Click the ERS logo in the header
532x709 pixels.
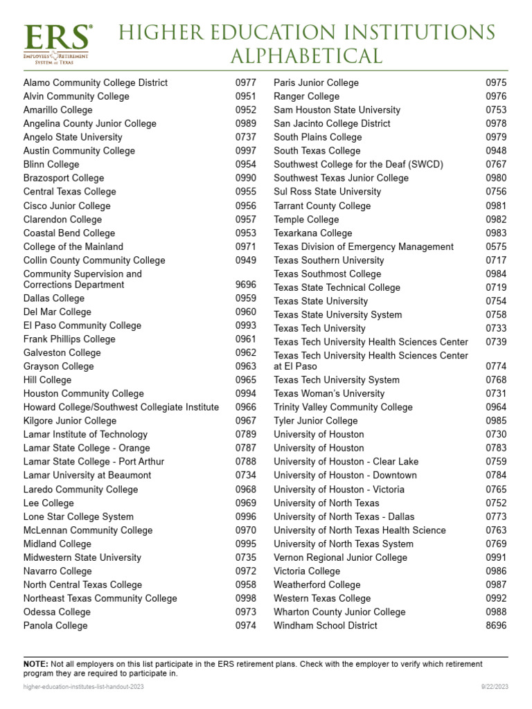[57, 43]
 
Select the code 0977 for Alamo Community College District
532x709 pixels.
[245, 82]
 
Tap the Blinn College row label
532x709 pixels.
[51, 164]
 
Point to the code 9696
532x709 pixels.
[245, 285]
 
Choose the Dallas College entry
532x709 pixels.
[53, 298]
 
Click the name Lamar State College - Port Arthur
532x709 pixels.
[94, 462]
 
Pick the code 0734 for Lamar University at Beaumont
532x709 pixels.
[245, 476]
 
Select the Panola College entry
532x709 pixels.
[55, 625]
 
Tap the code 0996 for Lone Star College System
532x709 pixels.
[245, 517]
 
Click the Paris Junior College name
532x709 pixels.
[316, 82]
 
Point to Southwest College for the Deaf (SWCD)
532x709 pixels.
[358, 164]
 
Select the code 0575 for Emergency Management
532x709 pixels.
[496, 246]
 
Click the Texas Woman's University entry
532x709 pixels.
[329, 393]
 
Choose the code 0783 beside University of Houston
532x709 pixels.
[496, 448]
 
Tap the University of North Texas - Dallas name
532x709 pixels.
[344, 517]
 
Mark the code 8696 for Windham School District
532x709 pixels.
[496, 625]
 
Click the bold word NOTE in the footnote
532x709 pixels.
[35, 664]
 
